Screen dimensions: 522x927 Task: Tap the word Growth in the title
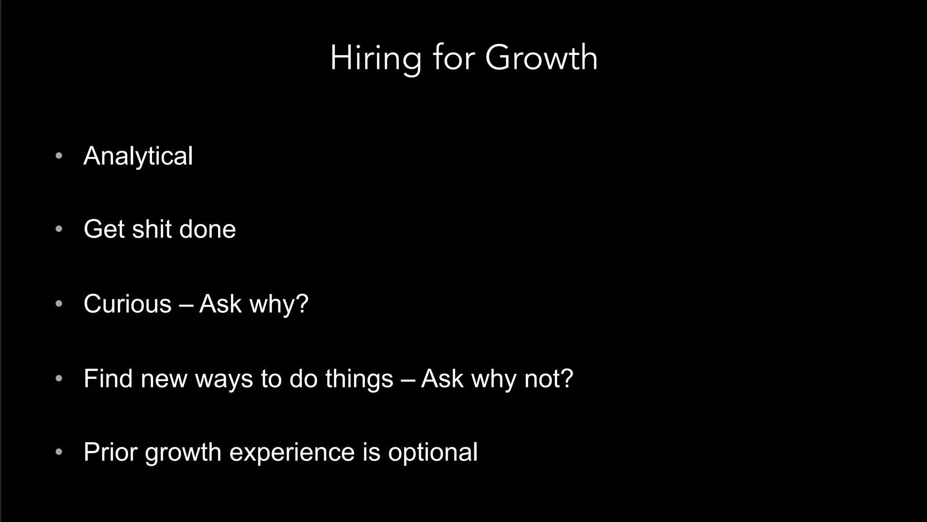[x=541, y=58]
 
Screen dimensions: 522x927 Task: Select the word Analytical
[x=138, y=156]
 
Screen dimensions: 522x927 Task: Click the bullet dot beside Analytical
[x=59, y=156]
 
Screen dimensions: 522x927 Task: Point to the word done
[x=207, y=229]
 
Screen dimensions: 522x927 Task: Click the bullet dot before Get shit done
[x=59, y=229]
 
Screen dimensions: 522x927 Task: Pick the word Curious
[x=128, y=304]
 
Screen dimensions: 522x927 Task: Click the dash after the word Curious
[x=186, y=304]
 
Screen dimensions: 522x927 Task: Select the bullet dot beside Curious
[x=59, y=304]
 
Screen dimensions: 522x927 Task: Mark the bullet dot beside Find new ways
[x=59, y=378]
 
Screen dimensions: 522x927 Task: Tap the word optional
[x=432, y=452]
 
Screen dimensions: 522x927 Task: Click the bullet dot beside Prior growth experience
[x=59, y=452]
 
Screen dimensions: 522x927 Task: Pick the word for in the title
[x=454, y=58]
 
